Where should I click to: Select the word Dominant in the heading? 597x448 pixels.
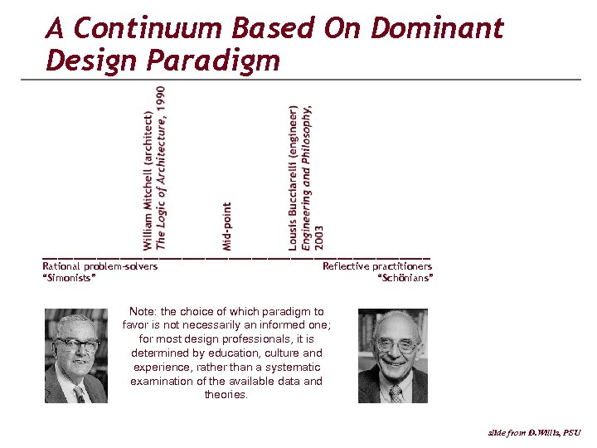pyautogui.click(x=436, y=29)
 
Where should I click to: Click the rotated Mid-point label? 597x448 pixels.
pyautogui.click(x=227, y=226)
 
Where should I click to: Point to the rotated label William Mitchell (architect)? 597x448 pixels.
pyautogui.click(x=148, y=180)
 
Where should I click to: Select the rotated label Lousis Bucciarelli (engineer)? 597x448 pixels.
pyautogui.click(x=294, y=178)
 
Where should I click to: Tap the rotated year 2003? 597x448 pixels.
pyautogui.click(x=319, y=236)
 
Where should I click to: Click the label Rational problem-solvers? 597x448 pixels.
pyautogui.click(x=99, y=266)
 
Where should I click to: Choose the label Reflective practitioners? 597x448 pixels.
pyautogui.click(x=377, y=266)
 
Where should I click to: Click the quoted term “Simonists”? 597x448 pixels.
pyautogui.click(x=69, y=277)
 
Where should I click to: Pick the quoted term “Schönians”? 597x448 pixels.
pyautogui.click(x=405, y=277)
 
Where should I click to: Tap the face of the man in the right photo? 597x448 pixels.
pyautogui.click(x=394, y=345)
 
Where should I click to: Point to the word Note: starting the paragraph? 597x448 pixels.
pyautogui.click(x=143, y=312)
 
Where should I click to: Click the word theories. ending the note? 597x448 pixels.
pyautogui.click(x=226, y=395)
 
